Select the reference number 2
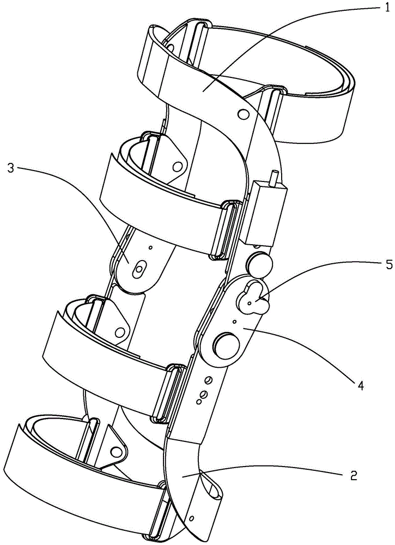click(353, 475)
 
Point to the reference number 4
click(361, 385)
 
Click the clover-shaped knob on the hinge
click(254, 299)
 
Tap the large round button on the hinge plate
click(227, 346)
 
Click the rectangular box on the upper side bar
click(265, 214)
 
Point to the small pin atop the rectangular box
click(275, 178)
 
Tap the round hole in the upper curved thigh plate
click(244, 114)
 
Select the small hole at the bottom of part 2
click(191, 519)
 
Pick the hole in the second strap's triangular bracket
click(178, 166)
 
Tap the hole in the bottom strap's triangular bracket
click(114, 451)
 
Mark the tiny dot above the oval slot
click(150, 247)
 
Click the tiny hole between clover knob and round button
click(234, 322)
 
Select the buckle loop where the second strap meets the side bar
click(225, 230)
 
